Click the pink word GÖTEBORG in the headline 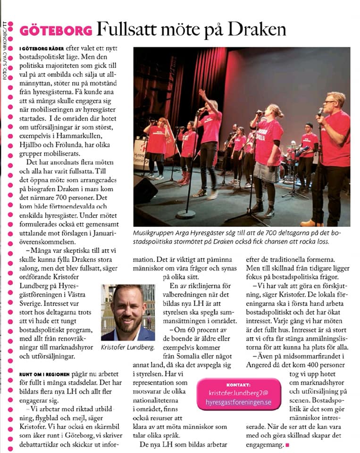56,31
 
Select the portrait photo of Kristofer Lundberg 128,312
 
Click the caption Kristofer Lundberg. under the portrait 128,347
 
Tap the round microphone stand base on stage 185,214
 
